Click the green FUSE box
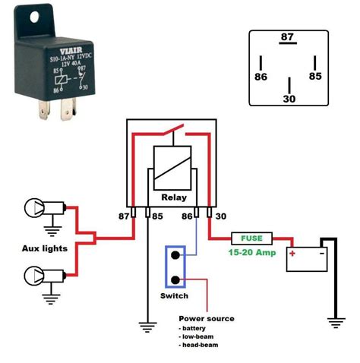[252, 238]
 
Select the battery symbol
[306, 258]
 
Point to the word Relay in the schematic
[173, 197]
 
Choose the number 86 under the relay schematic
[188, 217]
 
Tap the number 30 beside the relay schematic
[221, 217]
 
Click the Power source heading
[206, 318]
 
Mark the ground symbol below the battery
[333, 320]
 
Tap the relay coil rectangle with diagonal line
[173, 166]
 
